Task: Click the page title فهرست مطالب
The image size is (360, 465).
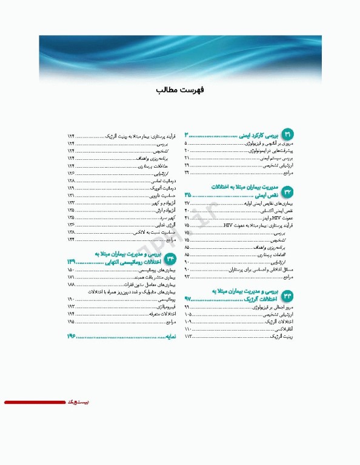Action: [x=180, y=90]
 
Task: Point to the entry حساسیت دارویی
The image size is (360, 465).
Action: [x=162, y=196]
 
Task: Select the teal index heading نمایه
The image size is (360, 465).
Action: [x=167, y=336]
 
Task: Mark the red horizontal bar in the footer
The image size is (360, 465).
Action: [x=34, y=402]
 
